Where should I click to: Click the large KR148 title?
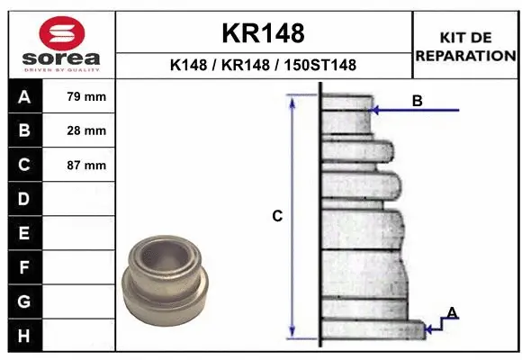[263, 33]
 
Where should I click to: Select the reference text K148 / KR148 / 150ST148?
[263, 65]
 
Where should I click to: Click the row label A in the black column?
[23, 96]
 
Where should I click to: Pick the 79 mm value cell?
[86, 96]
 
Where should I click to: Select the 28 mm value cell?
[86, 130]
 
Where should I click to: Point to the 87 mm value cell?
[86, 166]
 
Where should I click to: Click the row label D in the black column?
[23, 199]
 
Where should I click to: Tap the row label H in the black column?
[23, 336]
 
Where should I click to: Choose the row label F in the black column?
[23, 267]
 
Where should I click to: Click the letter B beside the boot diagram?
[417, 101]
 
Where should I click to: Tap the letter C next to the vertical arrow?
[277, 216]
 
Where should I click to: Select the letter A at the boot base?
[452, 312]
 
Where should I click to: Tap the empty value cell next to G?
[86, 301]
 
